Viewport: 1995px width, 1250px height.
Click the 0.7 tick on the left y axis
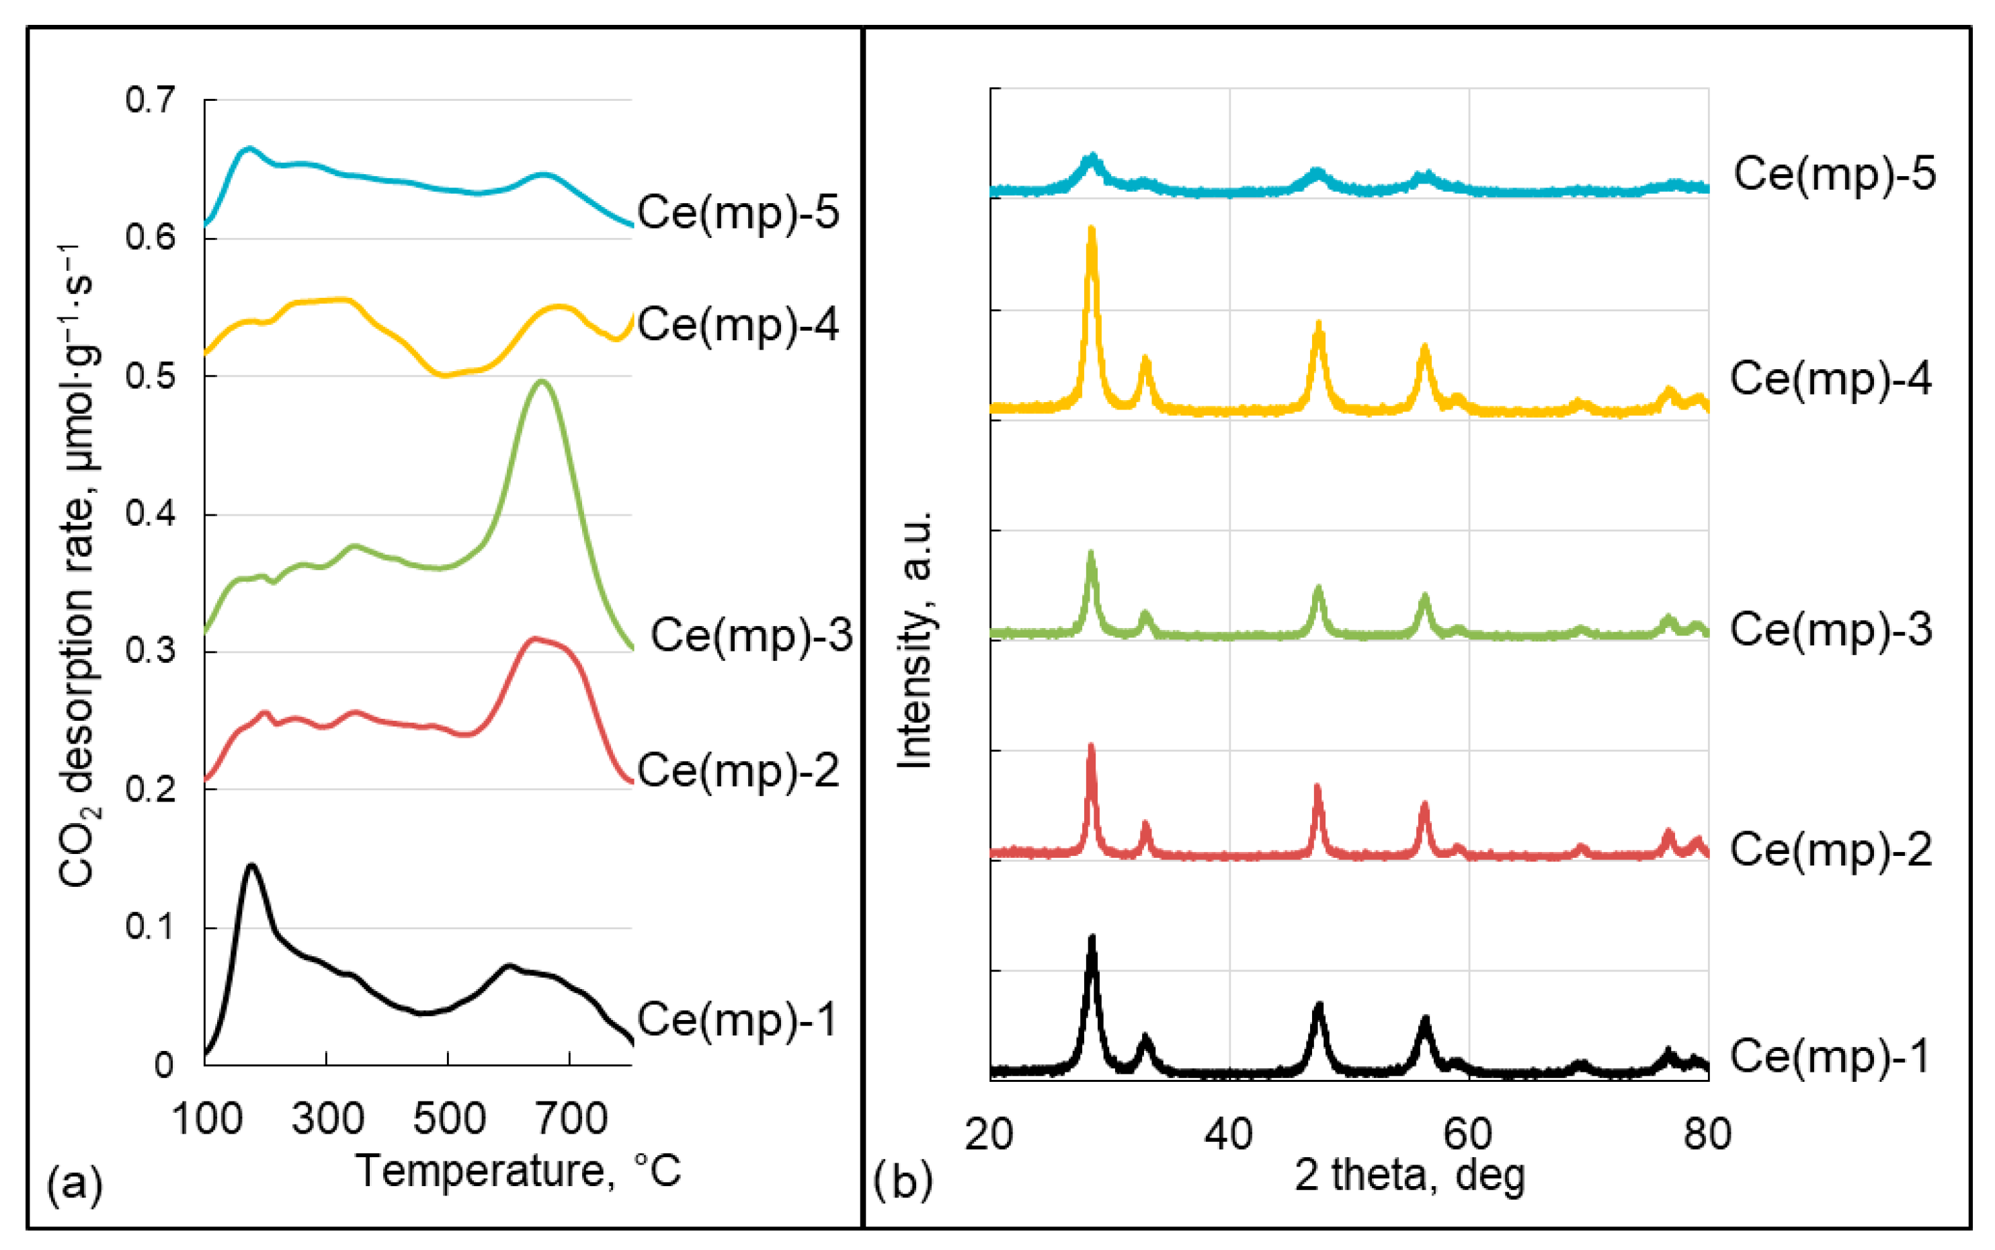pos(150,100)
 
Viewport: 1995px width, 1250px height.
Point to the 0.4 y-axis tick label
pos(150,514)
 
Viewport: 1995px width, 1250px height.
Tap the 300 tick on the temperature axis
pos(327,1120)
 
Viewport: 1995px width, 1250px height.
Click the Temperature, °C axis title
pos(518,1171)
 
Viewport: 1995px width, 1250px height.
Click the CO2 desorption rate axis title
pos(79,565)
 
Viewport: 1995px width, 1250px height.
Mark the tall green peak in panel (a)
pos(541,382)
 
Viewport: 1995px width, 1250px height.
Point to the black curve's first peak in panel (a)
pos(251,865)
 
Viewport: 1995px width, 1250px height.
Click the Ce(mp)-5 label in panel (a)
pos(738,212)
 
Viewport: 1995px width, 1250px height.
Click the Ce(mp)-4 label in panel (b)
pos(1830,379)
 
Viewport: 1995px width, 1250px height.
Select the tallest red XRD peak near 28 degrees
pos(1091,746)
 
